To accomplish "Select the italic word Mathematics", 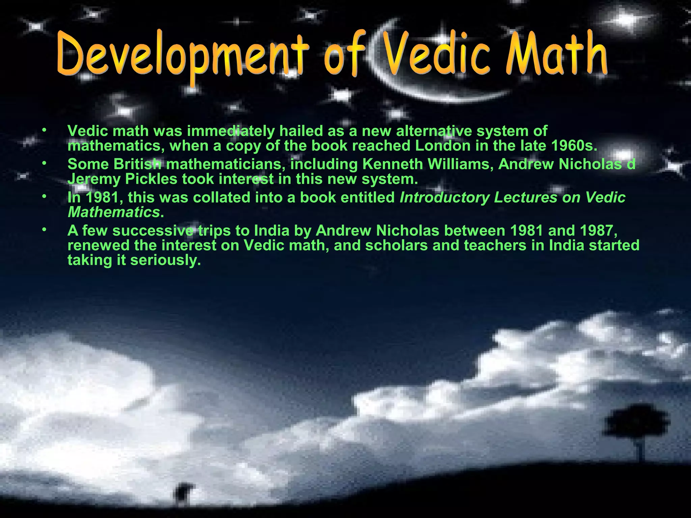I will point(114,212).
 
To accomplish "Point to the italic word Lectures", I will point(525,198).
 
